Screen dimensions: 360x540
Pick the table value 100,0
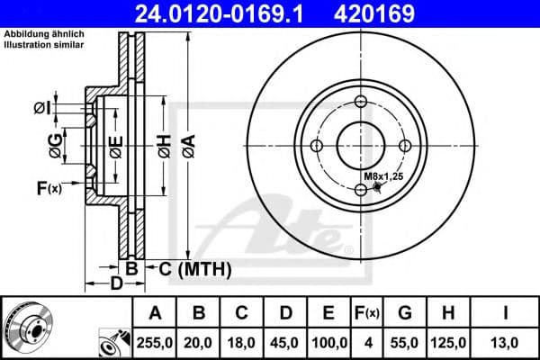pos(328,342)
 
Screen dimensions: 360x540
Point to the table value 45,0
pos(285,342)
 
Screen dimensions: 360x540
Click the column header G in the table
pos(405,313)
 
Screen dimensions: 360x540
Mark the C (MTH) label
pos(195,269)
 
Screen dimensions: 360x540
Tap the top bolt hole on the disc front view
pos(361,102)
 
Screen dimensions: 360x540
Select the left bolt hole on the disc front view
pos(316,146)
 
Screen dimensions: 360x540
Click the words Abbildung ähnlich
pos(33,34)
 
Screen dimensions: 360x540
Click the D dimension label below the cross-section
pos(115,285)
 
